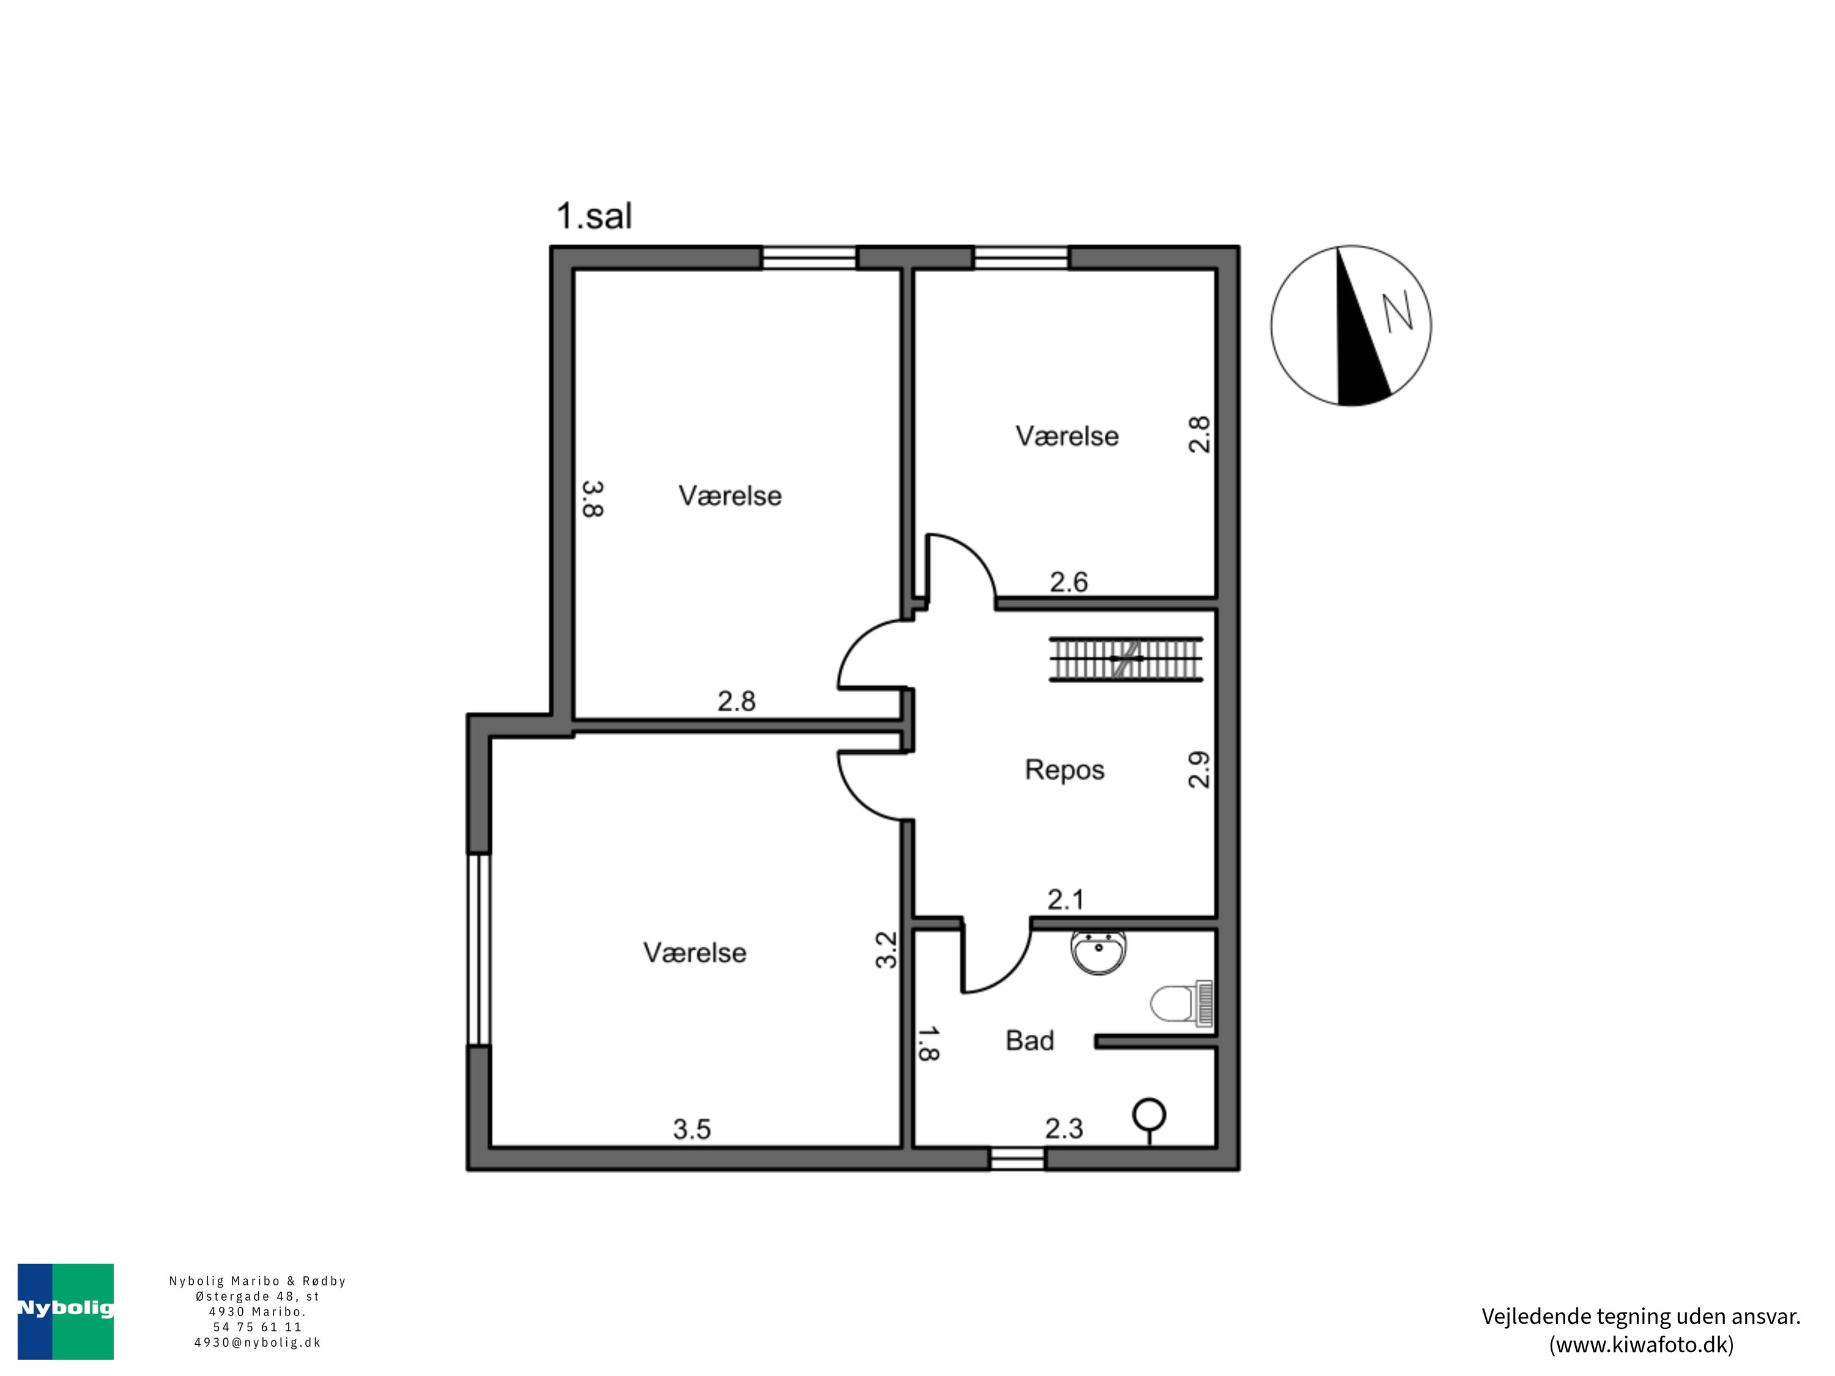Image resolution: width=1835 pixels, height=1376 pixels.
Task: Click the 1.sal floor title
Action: pos(594,216)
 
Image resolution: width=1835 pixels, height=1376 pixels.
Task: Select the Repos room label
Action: pos(1064,770)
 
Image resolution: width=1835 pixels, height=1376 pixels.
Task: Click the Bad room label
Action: pos(1029,1041)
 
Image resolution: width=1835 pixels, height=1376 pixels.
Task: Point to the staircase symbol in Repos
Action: pos(1125,659)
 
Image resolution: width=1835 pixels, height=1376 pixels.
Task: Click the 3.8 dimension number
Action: pos(592,498)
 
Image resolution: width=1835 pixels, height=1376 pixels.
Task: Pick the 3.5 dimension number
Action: pos(692,1129)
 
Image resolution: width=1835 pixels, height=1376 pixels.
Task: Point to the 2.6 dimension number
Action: pos(1069,582)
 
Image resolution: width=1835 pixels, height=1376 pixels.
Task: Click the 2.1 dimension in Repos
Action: pos(1066,899)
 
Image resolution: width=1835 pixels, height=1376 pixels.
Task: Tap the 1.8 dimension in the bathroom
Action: pos(927,1043)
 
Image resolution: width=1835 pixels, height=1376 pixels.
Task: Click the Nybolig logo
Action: pos(65,1311)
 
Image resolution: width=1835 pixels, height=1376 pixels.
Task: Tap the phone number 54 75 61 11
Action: pos(257,1327)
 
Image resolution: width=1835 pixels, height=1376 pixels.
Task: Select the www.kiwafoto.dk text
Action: pos(1641,1344)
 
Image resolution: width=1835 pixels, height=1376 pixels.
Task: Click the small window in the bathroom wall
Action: pos(1017,1159)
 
